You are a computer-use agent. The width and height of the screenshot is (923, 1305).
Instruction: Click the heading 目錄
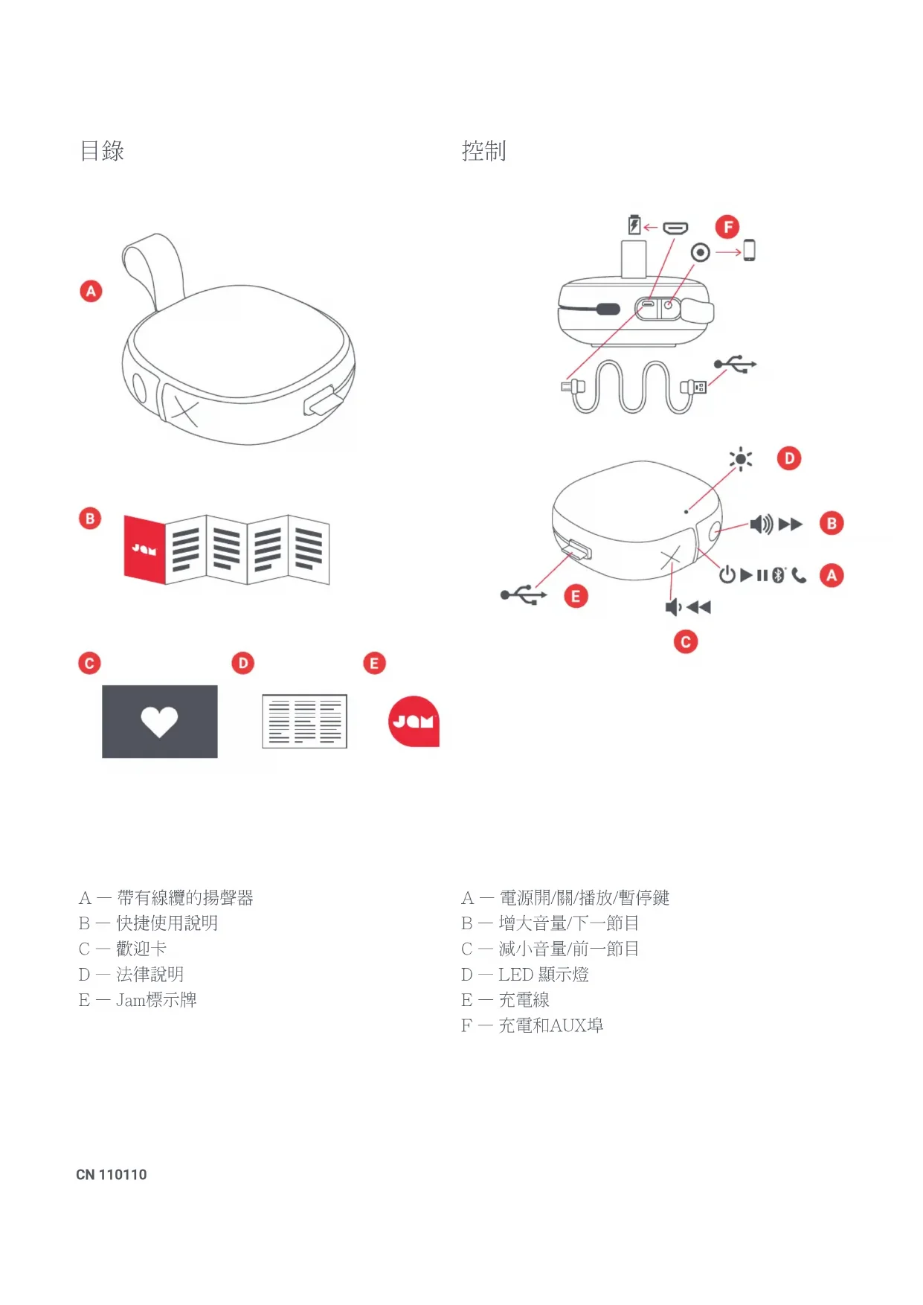tap(102, 151)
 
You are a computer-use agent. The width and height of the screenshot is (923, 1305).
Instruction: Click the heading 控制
tap(483, 151)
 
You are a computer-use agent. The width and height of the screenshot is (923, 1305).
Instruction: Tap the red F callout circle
tap(727, 227)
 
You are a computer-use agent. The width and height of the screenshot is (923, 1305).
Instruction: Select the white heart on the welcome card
tap(159, 721)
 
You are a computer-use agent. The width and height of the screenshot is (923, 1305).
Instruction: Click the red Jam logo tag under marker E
tap(414, 721)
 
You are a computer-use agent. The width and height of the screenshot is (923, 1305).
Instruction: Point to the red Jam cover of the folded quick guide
tap(144, 550)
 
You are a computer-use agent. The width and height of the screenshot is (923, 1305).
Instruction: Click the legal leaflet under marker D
tap(304, 721)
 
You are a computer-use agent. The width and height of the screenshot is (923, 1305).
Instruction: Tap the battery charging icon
tap(634, 225)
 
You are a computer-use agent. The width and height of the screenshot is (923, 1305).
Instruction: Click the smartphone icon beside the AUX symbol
tap(749, 251)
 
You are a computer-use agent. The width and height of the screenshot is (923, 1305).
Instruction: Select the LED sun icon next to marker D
tap(741, 459)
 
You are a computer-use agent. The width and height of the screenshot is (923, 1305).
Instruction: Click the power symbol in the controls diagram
tap(727, 574)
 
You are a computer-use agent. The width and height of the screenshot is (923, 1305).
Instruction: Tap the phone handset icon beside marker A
tap(799, 575)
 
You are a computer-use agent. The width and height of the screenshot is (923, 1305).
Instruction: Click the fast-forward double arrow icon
tap(791, 524)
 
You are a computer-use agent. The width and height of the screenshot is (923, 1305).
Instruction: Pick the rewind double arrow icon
tap(698, 607)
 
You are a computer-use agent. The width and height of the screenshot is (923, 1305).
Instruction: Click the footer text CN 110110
tap(112, 1175)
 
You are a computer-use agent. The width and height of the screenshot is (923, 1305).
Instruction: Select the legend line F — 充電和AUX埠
tap(532, 1025)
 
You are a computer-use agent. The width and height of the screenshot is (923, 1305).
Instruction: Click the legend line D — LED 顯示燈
tap(524, 975)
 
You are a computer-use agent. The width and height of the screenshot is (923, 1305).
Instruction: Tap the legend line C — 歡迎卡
tap(123, 949)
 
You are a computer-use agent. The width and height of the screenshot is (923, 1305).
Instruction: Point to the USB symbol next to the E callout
tap(524, 595)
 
